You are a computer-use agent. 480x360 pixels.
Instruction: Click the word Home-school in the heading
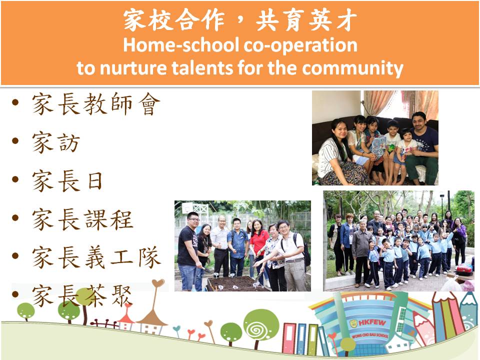181,45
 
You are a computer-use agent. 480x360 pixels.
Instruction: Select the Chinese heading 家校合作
174,20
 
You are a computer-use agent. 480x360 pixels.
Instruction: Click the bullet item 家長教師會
96,104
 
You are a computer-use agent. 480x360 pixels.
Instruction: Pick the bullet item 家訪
56,142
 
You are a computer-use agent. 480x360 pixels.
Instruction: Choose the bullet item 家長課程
82,219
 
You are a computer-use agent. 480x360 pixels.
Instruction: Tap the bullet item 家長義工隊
96,257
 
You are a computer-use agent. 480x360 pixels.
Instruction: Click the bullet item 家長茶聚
82,295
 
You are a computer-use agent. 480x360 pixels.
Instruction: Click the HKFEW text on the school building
372,322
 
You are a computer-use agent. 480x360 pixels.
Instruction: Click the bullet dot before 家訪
15,141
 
